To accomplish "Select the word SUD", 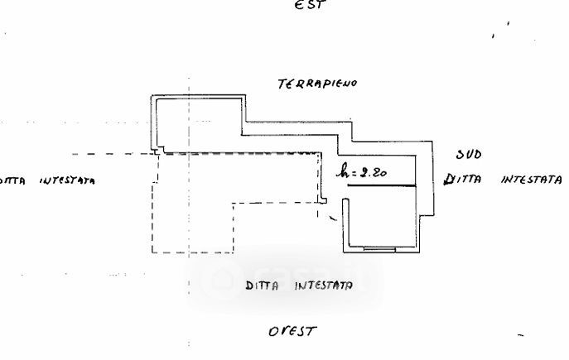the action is tap(469, 155).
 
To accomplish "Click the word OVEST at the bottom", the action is tap(292, 331).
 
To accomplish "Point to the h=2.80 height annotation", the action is tap(361, 172).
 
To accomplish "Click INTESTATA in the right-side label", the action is tap(532, 179).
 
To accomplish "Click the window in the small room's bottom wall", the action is tap(380, 248).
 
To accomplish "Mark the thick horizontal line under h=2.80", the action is tap(381, 186).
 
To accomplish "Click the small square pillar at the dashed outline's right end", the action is tap(325, 199).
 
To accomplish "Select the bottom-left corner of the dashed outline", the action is tap(152, 252).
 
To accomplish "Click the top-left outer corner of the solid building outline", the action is tap(151, 96).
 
